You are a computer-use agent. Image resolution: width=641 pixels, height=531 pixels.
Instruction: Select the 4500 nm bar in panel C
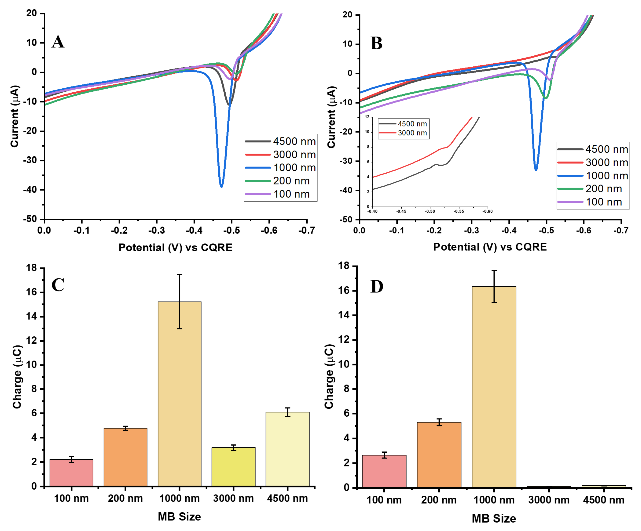click(x=288, y=449)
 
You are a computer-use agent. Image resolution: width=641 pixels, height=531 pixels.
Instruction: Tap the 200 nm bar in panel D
click(x=439, y=455)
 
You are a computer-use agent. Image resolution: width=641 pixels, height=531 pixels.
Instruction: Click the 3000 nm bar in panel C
click(x=234, y=467)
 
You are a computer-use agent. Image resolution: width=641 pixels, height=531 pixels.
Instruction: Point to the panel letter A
click(x=58, y=42)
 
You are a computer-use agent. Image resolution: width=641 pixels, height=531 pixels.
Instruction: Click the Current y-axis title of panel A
click(x=15, y=116)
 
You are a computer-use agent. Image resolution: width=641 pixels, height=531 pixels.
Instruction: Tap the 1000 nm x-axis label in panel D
click(x=494, y=500)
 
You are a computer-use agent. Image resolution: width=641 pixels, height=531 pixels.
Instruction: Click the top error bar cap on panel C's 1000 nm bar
click(x=180, y=275)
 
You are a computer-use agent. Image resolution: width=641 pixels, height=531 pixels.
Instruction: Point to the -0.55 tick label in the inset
click(x=458, y=211)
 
